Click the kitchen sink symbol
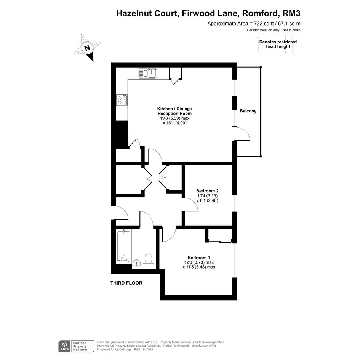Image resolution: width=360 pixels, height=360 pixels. [x=147, y=74]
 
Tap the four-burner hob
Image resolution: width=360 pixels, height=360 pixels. [x=122, y=100]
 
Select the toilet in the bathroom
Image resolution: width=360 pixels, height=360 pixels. [x=148, y=259]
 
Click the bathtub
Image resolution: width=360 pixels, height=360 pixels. [x=124, y=246]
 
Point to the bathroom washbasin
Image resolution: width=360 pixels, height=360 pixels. [x=137, y=263]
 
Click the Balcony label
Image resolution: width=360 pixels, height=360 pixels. [x=248, y=111]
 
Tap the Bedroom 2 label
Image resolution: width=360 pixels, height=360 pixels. [x=207, y=191]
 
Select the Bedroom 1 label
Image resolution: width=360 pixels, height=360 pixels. [x=199, y=258]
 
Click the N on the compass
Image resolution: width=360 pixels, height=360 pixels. [x=87, y=48]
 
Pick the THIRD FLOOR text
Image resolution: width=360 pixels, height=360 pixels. [x=126, y=283]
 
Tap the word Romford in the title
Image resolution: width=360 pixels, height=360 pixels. [x=260, y=13]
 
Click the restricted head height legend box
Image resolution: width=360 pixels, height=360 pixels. [x=278, y=44]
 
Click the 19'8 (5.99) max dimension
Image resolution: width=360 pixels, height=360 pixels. [x=174, y=118]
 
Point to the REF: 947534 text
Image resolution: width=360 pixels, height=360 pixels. [x=143, y=350]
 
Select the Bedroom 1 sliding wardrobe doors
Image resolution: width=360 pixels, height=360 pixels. [x=220, y=242]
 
